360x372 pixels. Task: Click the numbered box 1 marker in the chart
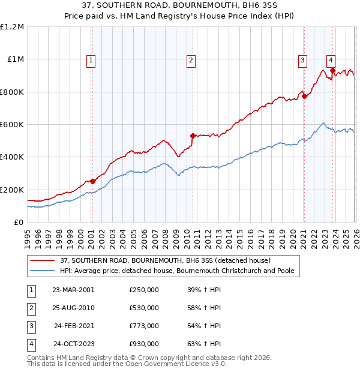91,59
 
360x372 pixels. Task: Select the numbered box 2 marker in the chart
191,59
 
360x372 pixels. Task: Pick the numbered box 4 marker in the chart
331,59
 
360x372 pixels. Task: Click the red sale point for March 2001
93,181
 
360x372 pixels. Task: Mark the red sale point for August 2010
193,136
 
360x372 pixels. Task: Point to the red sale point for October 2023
332,71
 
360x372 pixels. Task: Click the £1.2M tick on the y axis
12,27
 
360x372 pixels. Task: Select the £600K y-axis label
12,125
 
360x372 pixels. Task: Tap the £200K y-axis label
12,190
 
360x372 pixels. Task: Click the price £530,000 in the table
144,308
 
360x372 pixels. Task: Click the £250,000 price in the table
144,290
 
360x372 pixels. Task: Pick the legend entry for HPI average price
177,271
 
